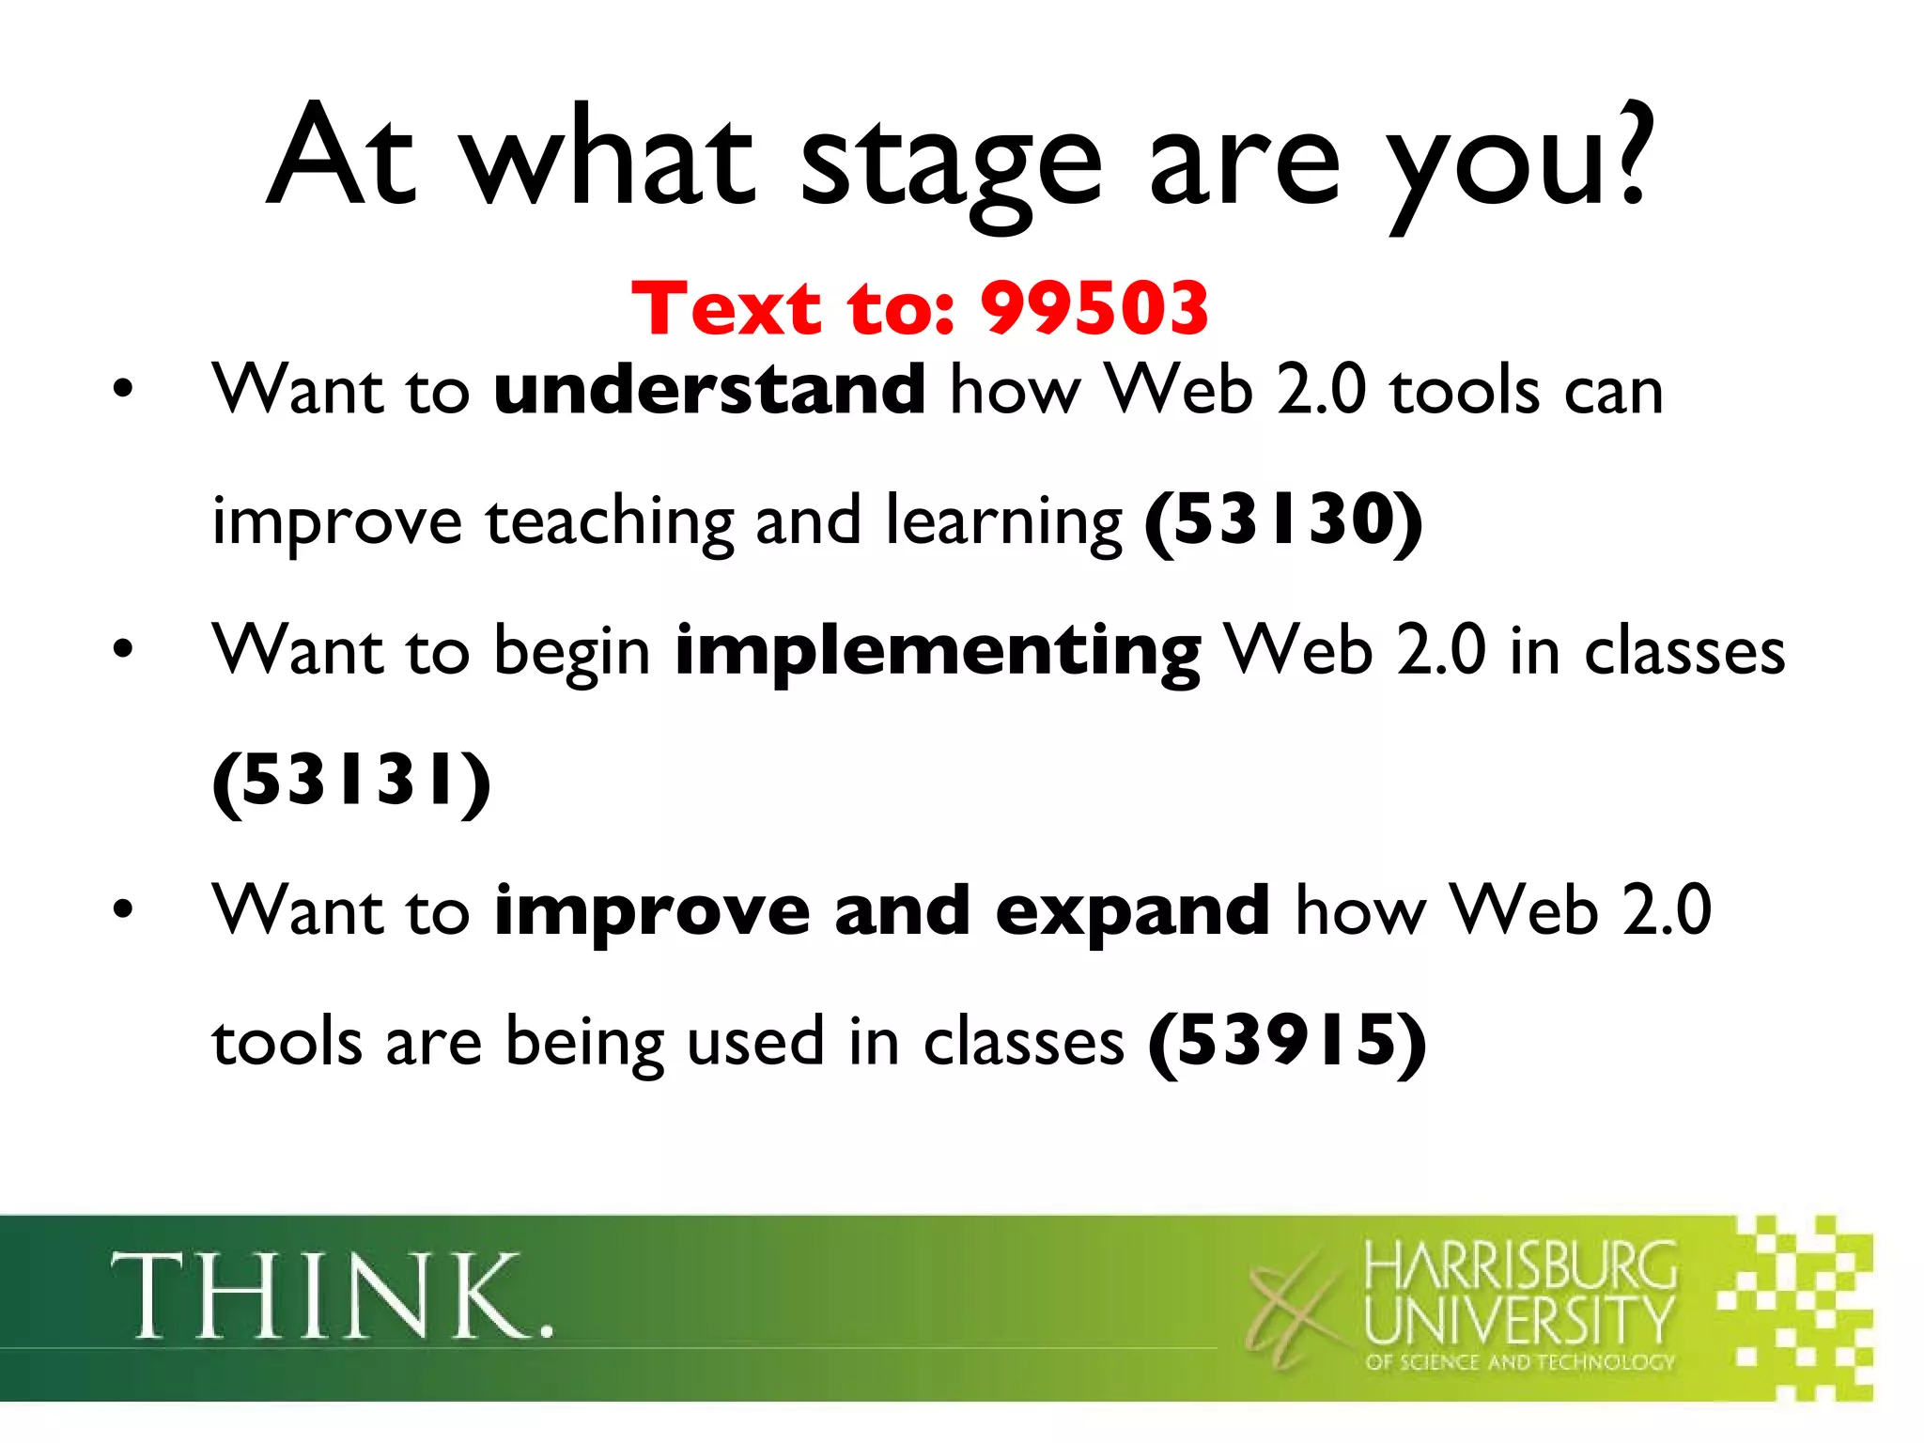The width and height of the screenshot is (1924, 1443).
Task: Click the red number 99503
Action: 1094,308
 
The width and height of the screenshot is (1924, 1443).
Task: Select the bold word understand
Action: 710,389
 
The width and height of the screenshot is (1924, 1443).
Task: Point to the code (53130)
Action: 1283,520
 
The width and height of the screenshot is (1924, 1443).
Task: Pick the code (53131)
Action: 351,781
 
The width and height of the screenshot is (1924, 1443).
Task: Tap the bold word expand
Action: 1132,910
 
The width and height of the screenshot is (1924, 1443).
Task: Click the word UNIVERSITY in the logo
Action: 1519,1319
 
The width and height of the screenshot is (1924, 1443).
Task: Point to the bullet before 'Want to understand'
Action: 123,389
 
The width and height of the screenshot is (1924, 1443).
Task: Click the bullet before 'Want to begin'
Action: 123,649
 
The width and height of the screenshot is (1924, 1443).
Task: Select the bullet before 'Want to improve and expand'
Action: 123,909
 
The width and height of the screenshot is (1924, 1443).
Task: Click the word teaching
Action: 609,522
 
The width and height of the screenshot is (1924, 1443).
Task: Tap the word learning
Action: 1003,522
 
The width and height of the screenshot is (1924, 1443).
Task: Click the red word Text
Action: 726,308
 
